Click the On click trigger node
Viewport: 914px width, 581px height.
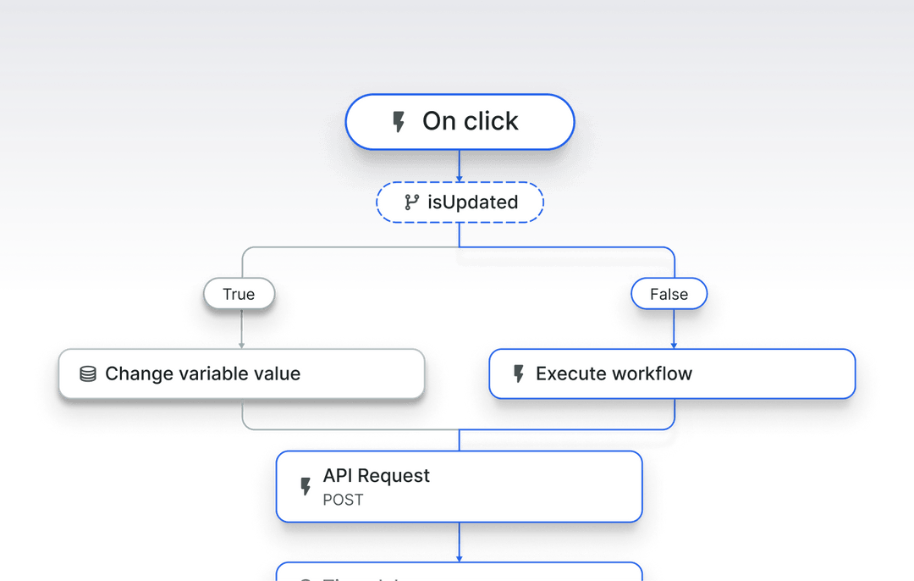pyautogui.click(x=460, y=122)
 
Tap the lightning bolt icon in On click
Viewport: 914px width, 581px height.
pyautogui.click(x=399, y=122)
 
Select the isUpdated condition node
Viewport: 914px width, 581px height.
pyautogui.click(x=460, y=202)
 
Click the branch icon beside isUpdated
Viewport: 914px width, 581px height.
pyautogui.click(x=412, y=202)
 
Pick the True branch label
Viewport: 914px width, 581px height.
pyautogui.click(x=239, y=295)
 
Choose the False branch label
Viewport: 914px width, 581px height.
pyautogui.click(x=669, y=295)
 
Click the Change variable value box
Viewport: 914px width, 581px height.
pyautogui.click(x=241, y=373)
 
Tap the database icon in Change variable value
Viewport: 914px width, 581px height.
pyautogui.click(x=87, y=373)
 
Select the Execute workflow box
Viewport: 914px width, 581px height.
pyautogui.click(x=672, y=373)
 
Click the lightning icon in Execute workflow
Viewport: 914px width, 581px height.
pyautogui.click(x=519, y=373)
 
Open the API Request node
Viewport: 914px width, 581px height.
pyautogui.click(x=460, y=486)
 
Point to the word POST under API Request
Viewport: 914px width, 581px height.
pyautogui.click(x=343, y=500)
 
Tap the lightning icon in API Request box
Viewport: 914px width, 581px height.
pyautogui.click(x=306, y=486)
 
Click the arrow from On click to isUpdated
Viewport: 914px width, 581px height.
pyautogui.click(x=460, y=166)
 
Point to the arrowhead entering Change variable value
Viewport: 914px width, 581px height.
pyautogui.click(x=242, y=344)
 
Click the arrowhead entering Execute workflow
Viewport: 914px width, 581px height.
pyautogui.click(x=674, y=344)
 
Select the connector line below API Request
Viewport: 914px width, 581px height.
pyautogui.click(x=460, y=540)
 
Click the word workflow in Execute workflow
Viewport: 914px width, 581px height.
pyautogui.click(x=652, y=373)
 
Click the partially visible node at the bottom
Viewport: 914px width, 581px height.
pyautogui.click(x=460, y=572)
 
